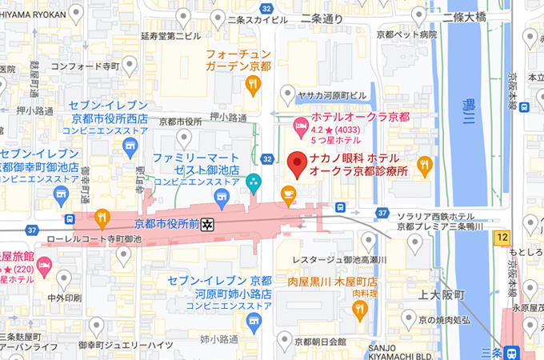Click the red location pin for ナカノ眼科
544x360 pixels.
[x=298, y=165]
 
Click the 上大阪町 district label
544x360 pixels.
[x=441, y=295]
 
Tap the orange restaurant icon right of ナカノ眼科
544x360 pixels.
[x=424, y=166]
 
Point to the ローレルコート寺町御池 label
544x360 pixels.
[x=94, y=238]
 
